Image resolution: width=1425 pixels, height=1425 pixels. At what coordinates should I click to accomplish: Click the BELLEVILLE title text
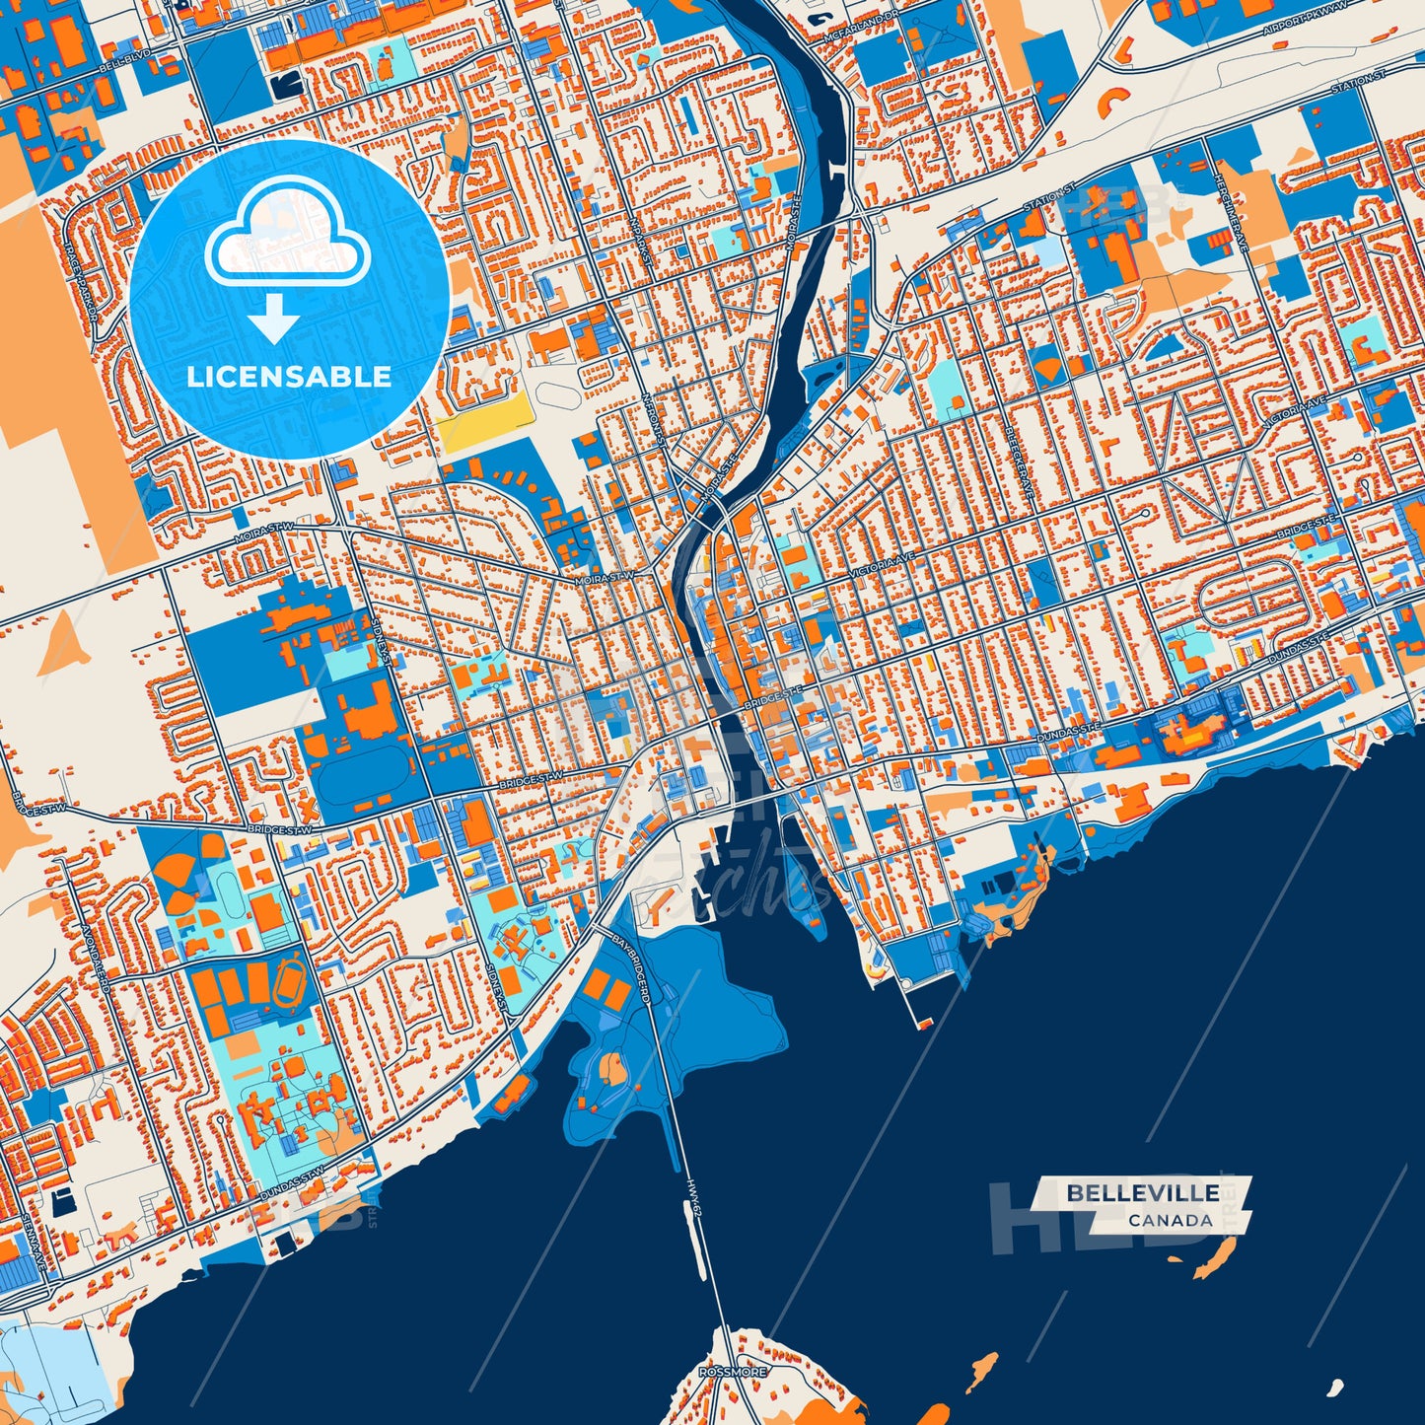pos(1142,1193)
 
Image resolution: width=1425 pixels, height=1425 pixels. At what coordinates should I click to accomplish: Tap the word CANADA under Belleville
pos(1171,1220)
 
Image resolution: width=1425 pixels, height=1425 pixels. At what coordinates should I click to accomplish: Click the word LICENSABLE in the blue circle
pos(289,377)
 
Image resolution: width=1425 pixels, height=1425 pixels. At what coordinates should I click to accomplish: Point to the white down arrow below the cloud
pos(273,321)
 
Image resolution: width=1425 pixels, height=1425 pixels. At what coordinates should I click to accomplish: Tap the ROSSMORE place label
pos(732,1372)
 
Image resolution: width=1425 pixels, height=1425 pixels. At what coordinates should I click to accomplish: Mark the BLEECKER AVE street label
pos(1018,458)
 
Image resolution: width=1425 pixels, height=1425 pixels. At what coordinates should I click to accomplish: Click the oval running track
pos(293,979)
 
